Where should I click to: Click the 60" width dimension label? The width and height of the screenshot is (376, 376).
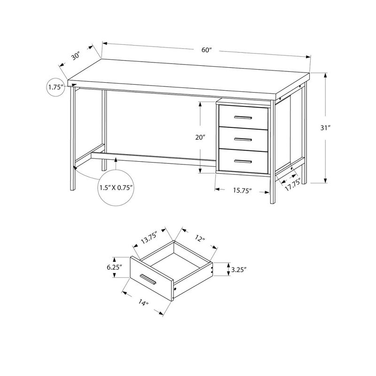click(x=205, y=49)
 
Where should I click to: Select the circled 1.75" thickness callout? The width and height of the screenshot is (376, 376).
click(x=55, y=87)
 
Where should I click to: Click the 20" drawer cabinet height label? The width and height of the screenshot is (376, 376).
click(x=201, y=138)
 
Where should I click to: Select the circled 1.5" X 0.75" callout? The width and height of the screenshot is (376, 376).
click(x=116, y=187)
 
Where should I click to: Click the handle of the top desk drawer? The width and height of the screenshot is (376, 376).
click(x=244, y=117)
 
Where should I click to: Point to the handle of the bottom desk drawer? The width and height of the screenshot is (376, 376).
click(x=244, y=161)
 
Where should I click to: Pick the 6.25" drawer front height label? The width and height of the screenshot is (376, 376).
click(x=114, y=266)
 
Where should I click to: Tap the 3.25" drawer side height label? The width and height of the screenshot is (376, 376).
click(x=239, y=270)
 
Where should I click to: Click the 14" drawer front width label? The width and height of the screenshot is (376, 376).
click(x=144, y=303)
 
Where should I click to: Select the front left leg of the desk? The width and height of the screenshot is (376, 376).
click(x=73, y=141)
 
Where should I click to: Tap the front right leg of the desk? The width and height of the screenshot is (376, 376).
click(x=272, y=188)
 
